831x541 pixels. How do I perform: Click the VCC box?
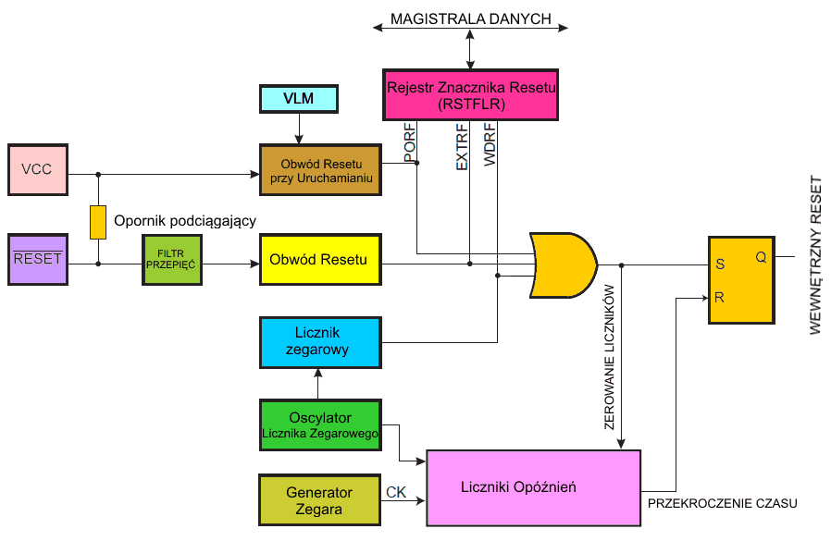click(x=37, y=169)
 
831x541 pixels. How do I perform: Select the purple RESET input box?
click(x=37, y=259)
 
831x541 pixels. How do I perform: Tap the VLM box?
click(x=298, y=98)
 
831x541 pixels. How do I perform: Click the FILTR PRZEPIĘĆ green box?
click(x=171, y=259)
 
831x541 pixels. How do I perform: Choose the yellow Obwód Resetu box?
click(x=320, y=260)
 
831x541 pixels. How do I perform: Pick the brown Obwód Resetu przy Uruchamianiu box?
click(x=320, y=169)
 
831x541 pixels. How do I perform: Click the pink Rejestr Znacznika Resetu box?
click(x=470, y=95)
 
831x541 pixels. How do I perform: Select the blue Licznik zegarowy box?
click(x=320, y=343)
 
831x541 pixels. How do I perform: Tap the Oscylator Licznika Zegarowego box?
click(x=320, y=424)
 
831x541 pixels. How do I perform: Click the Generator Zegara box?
click(x=320, y=500)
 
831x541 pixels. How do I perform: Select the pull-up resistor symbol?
click(x=97, y=222)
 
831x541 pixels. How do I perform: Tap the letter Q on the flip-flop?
click(x=761, y=257)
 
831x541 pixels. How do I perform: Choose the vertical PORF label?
click(x=409, y=142)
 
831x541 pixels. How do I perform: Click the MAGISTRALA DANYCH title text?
click(x=470, y=18)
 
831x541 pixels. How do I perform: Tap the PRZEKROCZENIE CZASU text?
click(x=722, y=503)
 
